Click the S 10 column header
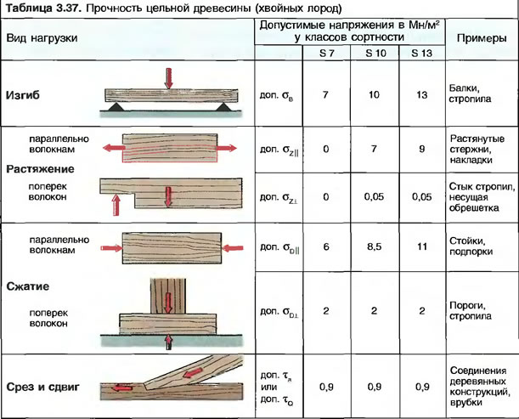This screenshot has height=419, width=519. [x=375, y=53]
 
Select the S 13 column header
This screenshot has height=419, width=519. [x=421, y=53]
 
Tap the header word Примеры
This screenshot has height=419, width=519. [x=482, y=38]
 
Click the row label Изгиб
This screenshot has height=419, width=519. [x=22, y=95]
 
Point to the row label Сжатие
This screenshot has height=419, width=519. [x=27, y=286]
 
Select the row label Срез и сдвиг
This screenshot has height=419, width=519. [x=42, y=387]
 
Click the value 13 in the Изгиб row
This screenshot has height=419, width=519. [x=422, y=95]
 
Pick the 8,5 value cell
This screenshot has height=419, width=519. [x=374, y=246]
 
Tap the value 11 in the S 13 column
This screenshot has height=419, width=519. [x=422, y=246]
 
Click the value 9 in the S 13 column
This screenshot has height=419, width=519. [x=421, y=149]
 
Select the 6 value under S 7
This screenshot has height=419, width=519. [x=326, y=246]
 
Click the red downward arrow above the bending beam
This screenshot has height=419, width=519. [x=169, y=78]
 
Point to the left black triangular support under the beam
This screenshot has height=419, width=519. [x=116, y=106]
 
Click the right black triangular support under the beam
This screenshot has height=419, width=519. [x=223, y=106]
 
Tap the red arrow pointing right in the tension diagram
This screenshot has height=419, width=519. [x=227, y=148]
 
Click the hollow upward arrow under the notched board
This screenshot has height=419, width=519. [x=116, y=205]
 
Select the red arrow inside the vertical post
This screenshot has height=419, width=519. [x=169, y=303]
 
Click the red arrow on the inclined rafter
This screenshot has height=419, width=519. [x=193, y=372]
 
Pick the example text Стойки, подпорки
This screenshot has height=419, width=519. [x=471, y=246]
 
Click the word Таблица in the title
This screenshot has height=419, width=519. [x=27, y=8]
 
